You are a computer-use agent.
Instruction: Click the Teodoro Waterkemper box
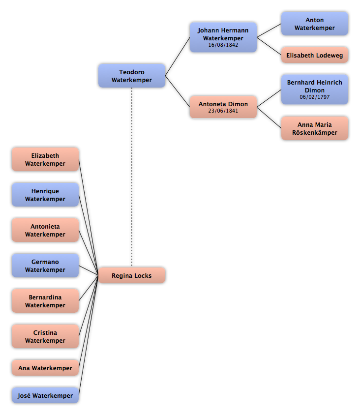(x=132, y=76)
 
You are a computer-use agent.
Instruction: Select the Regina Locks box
(x=132, y=275)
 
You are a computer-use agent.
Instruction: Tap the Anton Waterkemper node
(x=314, y=24)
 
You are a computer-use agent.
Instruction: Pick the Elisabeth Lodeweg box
(x=314, y=55)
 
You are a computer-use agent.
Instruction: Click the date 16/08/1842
(x=223, y=45)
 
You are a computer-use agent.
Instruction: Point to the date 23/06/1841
(x=223, y=111)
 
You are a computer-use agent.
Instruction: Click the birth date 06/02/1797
(x=314, y=97)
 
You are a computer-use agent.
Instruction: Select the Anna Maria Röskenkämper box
(x=314, y=128)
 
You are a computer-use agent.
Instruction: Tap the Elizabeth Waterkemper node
(x=45, y=159)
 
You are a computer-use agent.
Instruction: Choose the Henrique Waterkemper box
(x=45, y=195)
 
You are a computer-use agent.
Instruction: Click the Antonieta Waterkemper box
(x=45, y=230)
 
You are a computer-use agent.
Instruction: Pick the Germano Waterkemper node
(x=45, y=266)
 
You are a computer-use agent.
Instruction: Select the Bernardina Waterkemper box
(x=45, y=301)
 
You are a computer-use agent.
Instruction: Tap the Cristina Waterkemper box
(x=45, y=336)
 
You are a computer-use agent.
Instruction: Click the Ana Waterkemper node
(x=45, y=368)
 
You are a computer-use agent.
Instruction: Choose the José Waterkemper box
(x=45, y=395)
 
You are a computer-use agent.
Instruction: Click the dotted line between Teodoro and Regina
(x=132, y=177)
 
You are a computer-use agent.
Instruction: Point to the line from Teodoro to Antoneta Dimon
(x=178, y=91)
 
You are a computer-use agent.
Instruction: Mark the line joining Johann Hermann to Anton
(x=269, y=30)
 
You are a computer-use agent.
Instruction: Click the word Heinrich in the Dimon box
(x=328, y=82)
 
